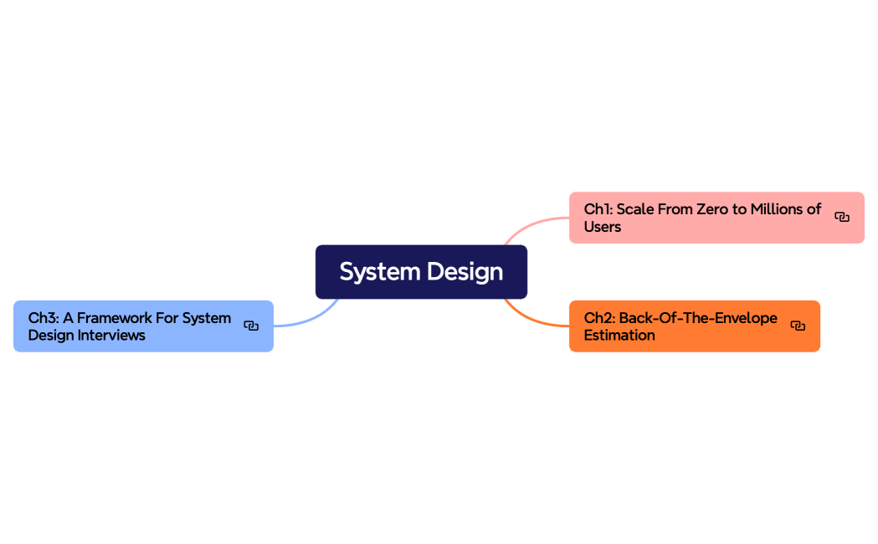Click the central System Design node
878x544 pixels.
[421, 272]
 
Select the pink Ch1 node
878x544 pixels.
[716, 218]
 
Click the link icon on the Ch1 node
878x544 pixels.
[842, 218]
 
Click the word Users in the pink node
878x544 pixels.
[603, 227]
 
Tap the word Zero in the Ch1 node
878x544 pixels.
[713, 209]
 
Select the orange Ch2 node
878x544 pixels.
[694, 326]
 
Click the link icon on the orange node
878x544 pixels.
[798, 326]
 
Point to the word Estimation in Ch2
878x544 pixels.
[619, 336]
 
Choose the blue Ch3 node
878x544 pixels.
[143, 326]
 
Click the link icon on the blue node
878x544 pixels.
[251, 326]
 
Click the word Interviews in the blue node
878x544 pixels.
[112, 336]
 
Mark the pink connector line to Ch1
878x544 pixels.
[534, 223]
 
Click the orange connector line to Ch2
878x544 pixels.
[532, 321]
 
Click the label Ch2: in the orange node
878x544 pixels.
[599, 318]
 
